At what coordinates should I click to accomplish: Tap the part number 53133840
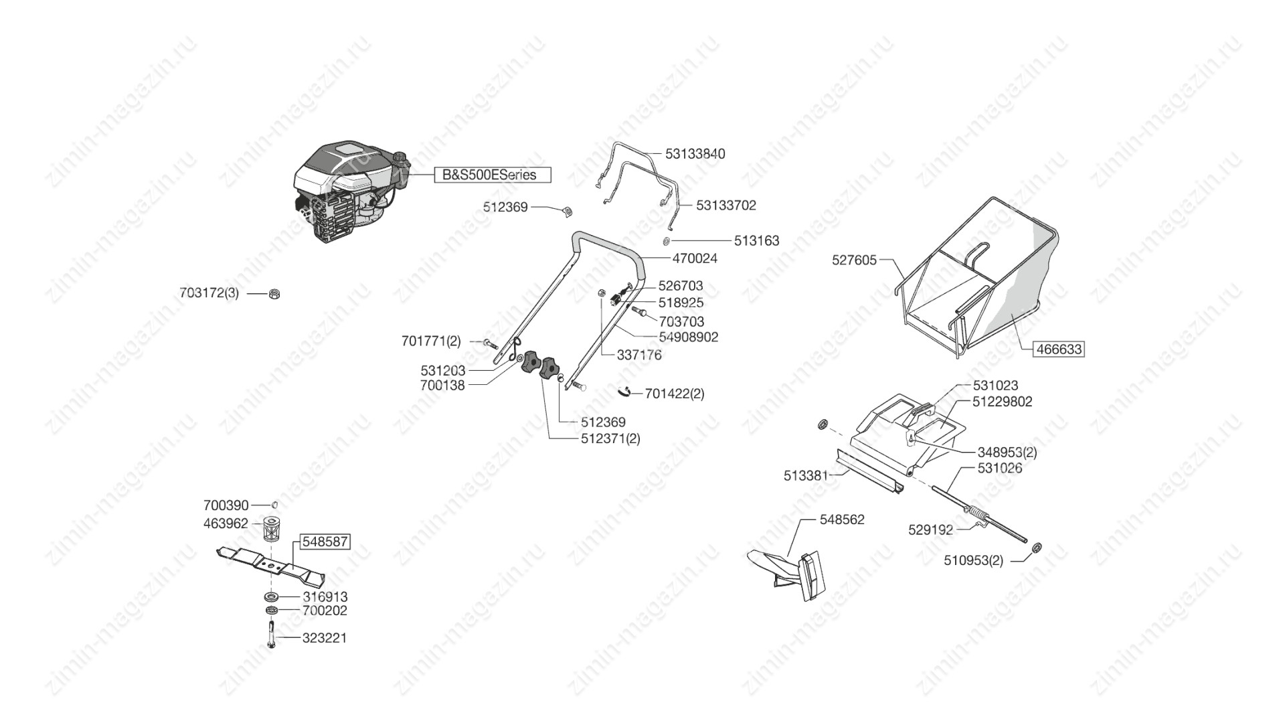pos(695,153)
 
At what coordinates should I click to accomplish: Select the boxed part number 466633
pos(1059,349)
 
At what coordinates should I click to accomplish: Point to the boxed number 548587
pos(325,541)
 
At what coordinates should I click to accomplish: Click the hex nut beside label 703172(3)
pos(274,293)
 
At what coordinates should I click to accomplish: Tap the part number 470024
pos(694,258)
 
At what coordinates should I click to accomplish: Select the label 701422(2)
pos(674,394)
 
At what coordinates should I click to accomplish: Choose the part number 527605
pos(854,260)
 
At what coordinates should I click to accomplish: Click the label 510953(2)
pos(973,560)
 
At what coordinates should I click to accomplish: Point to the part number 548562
pos(841,519)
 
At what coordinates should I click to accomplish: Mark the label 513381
pos(805,475)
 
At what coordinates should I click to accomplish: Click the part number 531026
pos(999,467)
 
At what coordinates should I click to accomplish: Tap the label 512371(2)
pos(610,438)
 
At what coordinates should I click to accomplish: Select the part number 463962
pos(226,524)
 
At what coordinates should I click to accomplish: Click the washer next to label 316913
pos(272,596)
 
